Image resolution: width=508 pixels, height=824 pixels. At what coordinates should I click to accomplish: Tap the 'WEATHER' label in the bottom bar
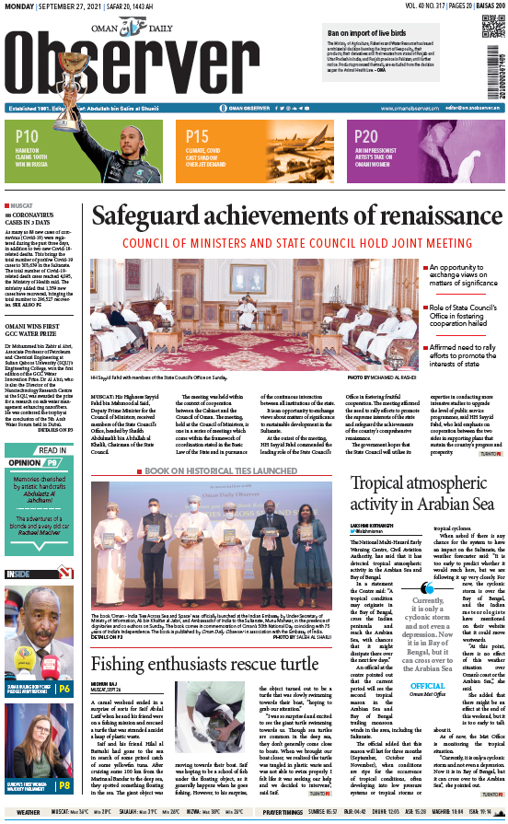pyautogui.click(x=28, y=813)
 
